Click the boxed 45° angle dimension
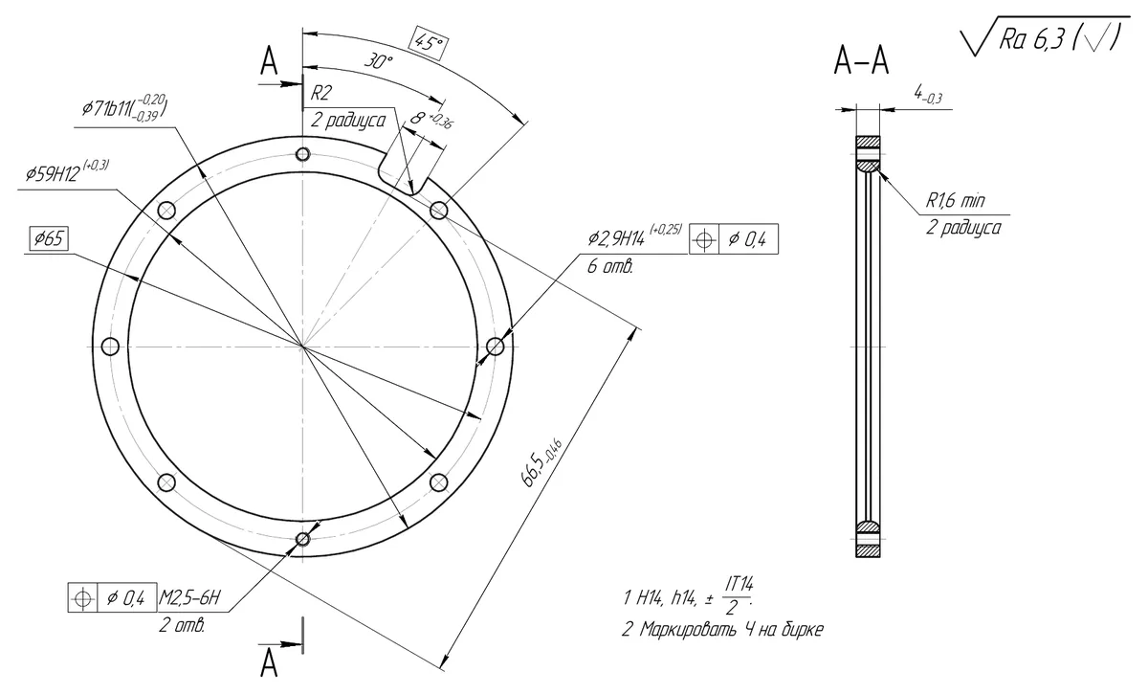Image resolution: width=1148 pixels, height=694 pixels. click(x=429, y=43)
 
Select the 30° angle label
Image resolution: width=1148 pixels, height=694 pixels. click(x=378, y=61)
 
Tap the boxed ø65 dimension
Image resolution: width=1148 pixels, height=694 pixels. click(x=49, y=238)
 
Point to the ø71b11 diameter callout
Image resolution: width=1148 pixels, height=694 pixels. click(x=124, y=106)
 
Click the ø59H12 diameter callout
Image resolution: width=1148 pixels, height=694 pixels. click(x=67, y=172)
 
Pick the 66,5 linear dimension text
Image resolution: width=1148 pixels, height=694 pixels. click(x=541, y=462)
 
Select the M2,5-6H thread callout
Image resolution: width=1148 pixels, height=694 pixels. click(x=189, y=597)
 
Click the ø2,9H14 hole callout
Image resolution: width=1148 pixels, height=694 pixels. click(x=634, y=235)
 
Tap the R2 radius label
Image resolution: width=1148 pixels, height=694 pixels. click(x=320, y=93)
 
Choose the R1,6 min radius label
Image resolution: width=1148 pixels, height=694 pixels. click(x=956, y=200)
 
